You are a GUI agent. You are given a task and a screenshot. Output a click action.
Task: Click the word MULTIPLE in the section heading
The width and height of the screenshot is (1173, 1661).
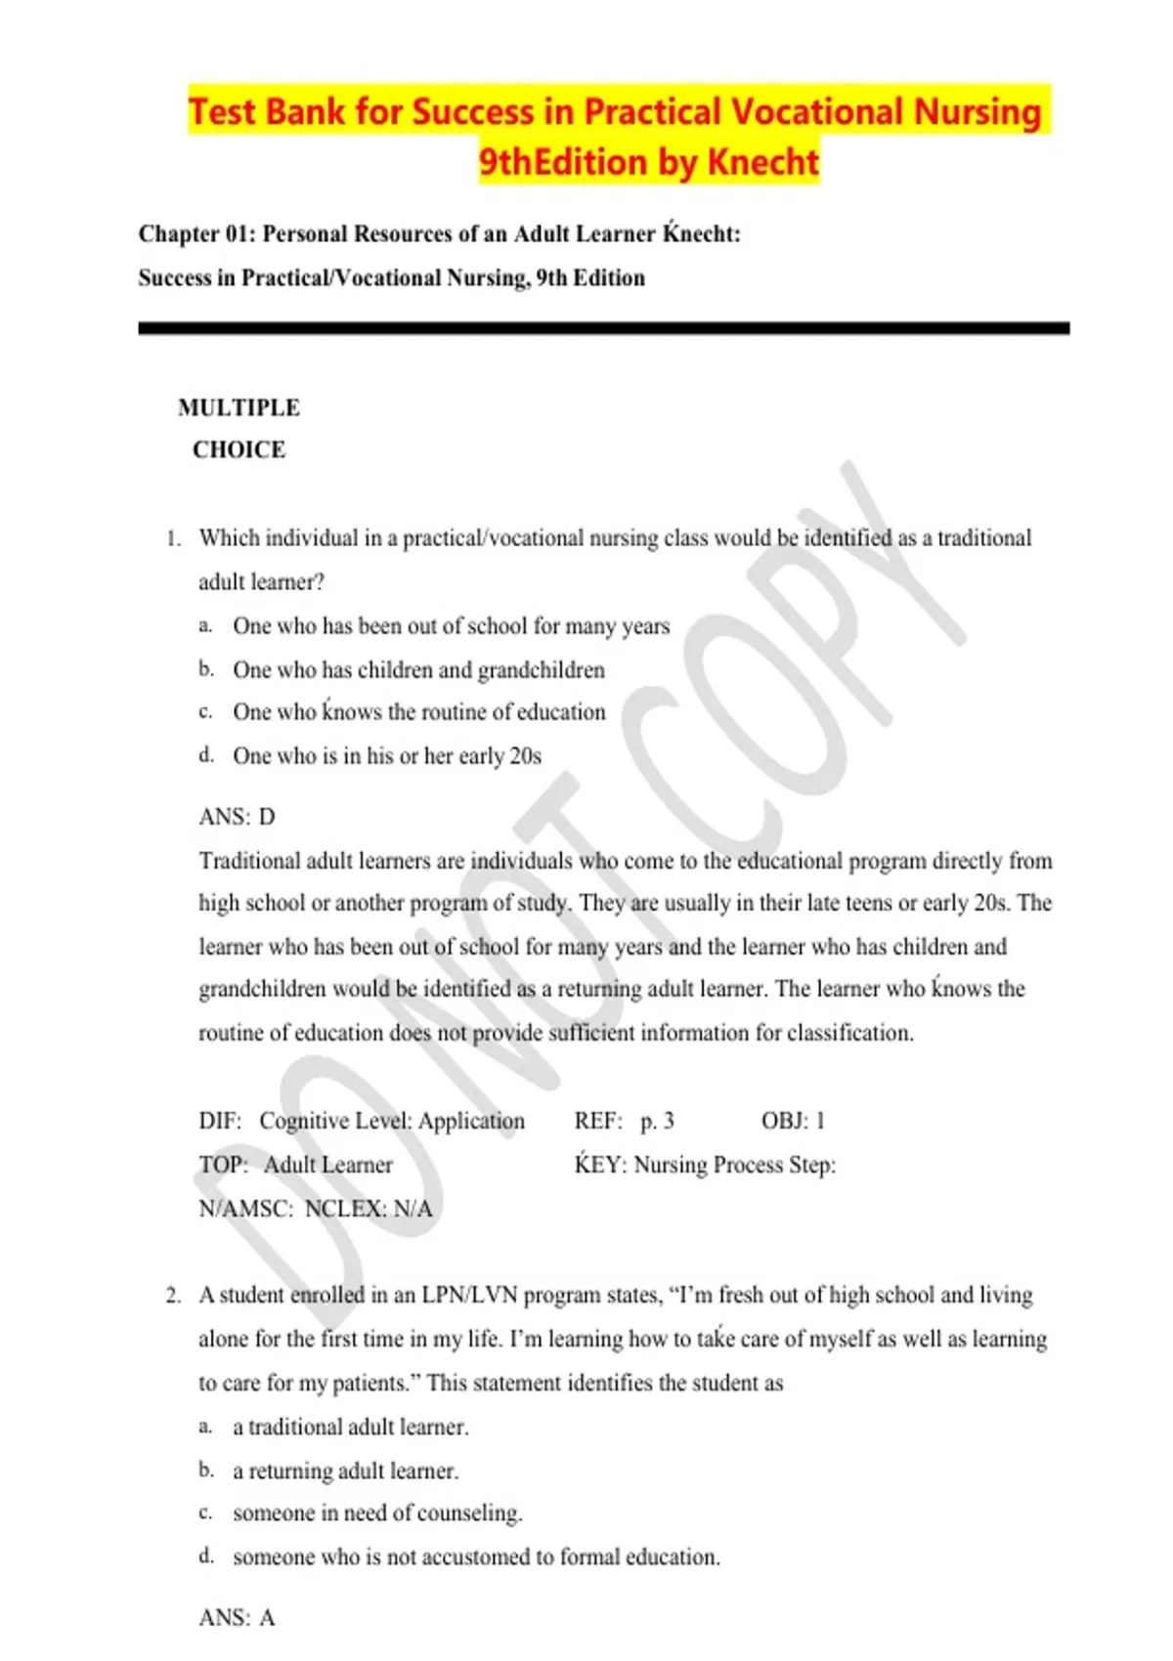239,407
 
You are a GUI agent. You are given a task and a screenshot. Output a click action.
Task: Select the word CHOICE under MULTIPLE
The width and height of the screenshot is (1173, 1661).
239,450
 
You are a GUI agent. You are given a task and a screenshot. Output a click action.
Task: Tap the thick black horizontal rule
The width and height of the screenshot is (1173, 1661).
603,329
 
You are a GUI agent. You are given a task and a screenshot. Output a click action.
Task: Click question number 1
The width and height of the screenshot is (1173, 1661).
173,538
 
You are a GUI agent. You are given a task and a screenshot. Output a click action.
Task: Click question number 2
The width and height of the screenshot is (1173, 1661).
173,1296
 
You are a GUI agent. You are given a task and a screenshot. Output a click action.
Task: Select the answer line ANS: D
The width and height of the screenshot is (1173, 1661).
237,817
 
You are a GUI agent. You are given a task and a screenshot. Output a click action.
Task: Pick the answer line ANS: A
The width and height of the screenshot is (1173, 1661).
237,1618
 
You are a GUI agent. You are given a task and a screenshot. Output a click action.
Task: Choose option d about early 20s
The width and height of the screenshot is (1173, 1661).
386,756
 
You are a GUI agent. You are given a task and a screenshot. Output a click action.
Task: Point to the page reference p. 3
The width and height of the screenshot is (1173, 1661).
657,1121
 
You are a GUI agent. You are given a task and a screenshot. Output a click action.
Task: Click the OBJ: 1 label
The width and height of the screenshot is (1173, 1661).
793,1121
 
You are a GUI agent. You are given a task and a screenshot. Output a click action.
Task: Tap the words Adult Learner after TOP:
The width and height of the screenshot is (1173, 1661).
328,1165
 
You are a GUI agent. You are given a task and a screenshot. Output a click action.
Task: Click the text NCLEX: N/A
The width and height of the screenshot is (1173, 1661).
369,1209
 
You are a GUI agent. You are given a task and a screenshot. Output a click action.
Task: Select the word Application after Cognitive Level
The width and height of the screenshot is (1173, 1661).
471,1121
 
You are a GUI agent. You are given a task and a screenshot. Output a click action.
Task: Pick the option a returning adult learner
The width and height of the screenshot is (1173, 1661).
345,1470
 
